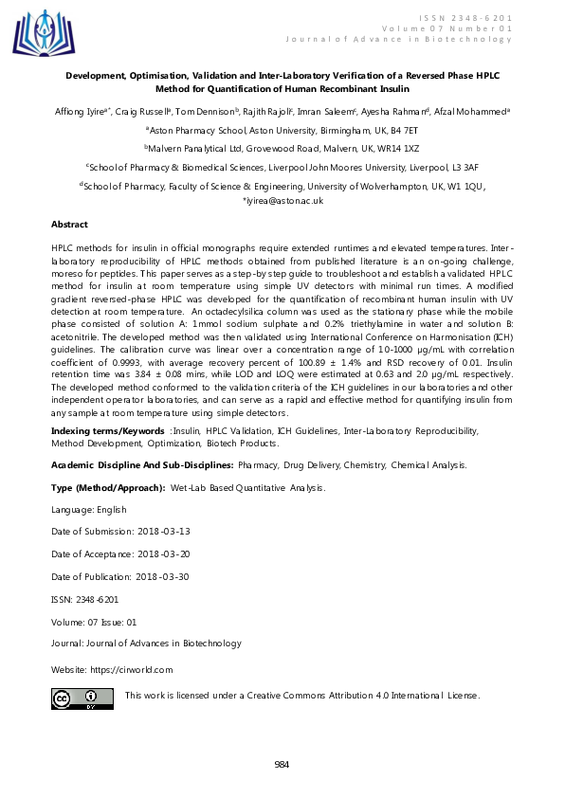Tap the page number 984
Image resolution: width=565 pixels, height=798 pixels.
[x=282, y=765]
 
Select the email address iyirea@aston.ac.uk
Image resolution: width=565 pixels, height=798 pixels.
[x=284, y=201]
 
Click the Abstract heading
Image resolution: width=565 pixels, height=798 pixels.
[x=69, y=225]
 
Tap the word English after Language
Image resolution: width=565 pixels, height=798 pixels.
[x=104, y=509]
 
